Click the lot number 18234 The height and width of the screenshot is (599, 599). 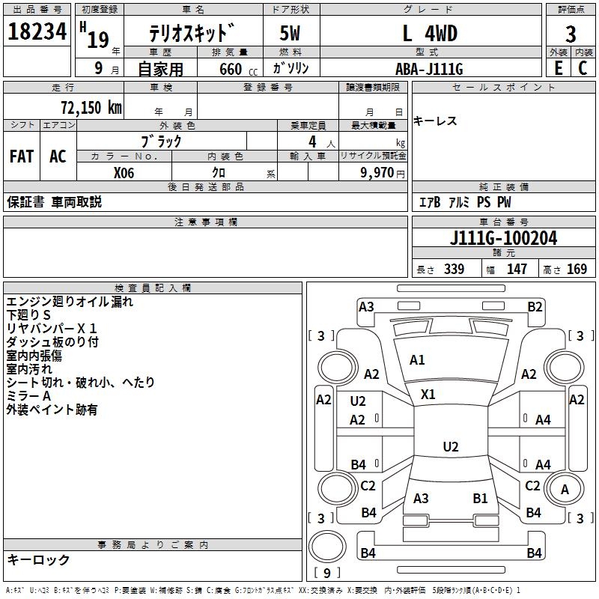37,31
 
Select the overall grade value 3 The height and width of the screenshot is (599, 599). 571,34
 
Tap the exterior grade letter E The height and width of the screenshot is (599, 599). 559,68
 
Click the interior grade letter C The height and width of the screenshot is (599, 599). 583,68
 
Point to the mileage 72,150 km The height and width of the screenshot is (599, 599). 91,108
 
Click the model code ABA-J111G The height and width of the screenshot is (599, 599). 429,69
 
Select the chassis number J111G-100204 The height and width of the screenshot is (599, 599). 503,238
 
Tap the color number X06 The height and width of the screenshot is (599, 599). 124,173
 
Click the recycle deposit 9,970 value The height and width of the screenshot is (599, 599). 377,173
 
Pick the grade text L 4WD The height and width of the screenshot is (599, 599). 430,34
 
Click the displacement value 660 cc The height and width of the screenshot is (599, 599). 238,70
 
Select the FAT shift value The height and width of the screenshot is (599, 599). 22,156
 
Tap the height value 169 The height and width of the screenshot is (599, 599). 577,269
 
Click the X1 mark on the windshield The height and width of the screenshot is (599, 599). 428,395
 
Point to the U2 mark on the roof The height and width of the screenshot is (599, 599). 451,446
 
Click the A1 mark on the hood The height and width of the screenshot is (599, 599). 417,360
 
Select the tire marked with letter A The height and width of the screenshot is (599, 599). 565,489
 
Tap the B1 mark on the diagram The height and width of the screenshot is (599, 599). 480,498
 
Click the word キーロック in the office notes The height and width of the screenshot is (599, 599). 38,560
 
